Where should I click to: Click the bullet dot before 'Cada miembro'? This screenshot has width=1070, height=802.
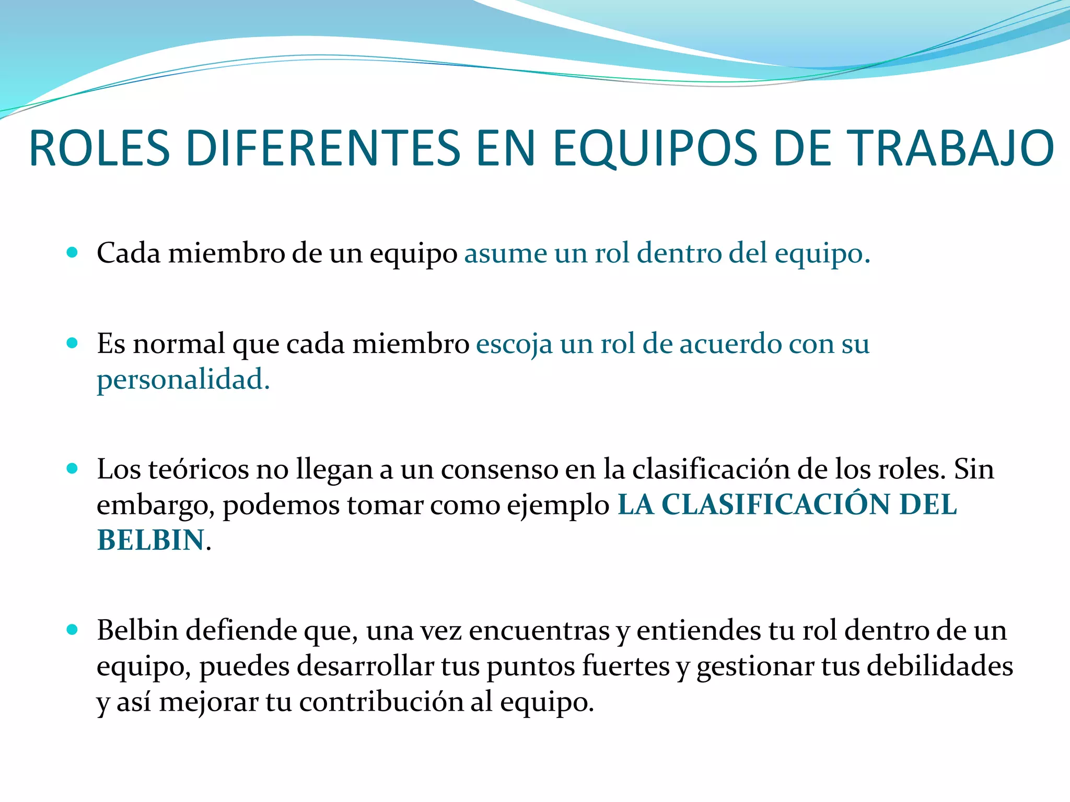(73, 253)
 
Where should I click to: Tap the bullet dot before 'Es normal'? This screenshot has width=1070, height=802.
(73, 344)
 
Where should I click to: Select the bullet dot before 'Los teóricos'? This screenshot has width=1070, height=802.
(73, 468)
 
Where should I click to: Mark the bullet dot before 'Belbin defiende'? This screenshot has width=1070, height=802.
(73, 630)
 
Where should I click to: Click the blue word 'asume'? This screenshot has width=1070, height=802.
(505, 254)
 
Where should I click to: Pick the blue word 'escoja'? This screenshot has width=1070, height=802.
(514, 345)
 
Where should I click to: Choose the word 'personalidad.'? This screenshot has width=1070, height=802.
(183, 380)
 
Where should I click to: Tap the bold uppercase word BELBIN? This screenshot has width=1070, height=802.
(150, 540)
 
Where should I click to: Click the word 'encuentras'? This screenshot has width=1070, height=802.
(539, 631)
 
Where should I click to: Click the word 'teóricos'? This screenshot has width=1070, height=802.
(198, 469)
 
